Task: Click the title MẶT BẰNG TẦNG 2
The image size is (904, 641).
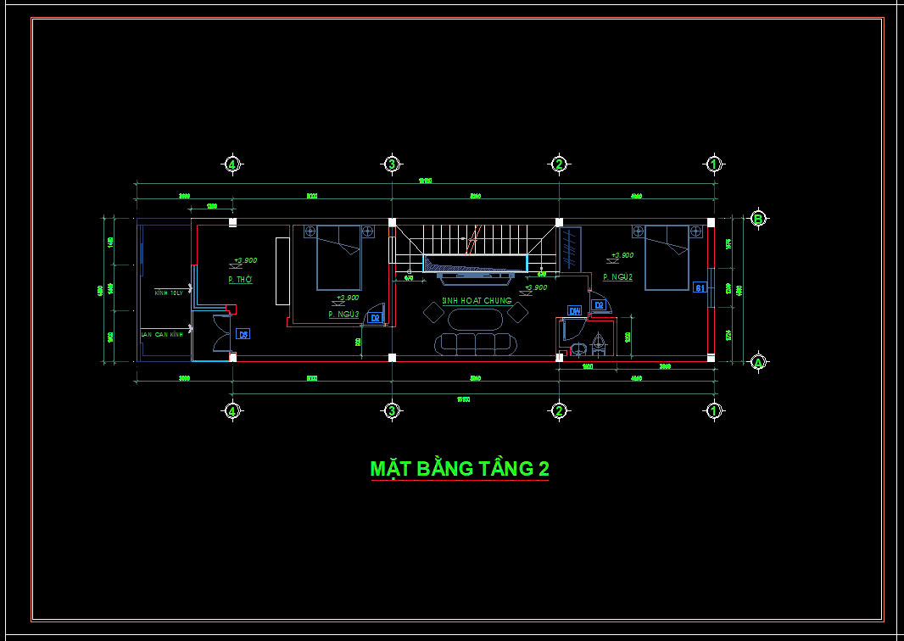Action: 460,469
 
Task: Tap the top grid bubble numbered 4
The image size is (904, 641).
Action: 232,164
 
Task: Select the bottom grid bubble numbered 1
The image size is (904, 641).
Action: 714,411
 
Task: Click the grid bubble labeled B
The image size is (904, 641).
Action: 758,218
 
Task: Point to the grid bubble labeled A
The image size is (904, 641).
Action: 758,362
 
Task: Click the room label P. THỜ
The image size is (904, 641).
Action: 240,280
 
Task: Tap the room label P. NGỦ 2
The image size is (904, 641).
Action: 618,277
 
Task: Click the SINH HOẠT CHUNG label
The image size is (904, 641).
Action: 477,301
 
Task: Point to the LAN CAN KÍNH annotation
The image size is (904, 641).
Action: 162,335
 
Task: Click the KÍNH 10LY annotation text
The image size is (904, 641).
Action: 169,293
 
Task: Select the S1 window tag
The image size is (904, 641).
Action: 700,287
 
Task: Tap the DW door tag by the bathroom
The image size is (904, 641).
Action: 574,311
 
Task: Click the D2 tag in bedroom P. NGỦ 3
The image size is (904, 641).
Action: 375,318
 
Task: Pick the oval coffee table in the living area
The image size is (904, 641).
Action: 476,319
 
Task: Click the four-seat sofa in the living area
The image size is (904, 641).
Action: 475,343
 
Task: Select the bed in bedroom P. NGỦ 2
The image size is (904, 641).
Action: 667,257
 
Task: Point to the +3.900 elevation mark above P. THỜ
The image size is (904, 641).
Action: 245,261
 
